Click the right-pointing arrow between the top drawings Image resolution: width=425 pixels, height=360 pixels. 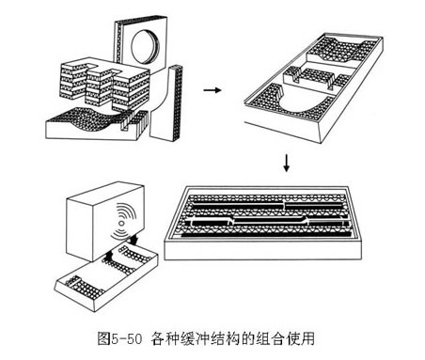pyautogui.click(x=212, y=90)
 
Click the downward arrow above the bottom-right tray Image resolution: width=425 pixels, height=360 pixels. pyautogui.click(x=286, y=164)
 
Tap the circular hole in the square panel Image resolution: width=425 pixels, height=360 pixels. pyautogui.click(x=145, y=47)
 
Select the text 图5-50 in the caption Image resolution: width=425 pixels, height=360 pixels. pyautogui.click(x=119, y=338)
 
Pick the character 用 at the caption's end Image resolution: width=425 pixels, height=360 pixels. pyautogui.click(x=307, y=338)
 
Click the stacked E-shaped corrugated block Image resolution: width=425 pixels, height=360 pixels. pyautogui.click(x=104, y=85)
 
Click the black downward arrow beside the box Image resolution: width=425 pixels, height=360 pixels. pyautogui.click(x=135, y=240)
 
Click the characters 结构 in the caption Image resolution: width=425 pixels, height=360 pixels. pyautogui.click(x=225, y=338)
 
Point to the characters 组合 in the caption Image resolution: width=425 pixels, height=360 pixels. pyautogui.click(x=270, y=338)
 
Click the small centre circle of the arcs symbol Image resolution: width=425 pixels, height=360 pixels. pyautogui.click(x=121, y=223)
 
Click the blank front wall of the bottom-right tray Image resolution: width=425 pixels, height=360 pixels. pyautogui.click(x=262, y=251)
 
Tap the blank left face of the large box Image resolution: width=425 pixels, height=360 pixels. pyautogui.click(x=80, y=229)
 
